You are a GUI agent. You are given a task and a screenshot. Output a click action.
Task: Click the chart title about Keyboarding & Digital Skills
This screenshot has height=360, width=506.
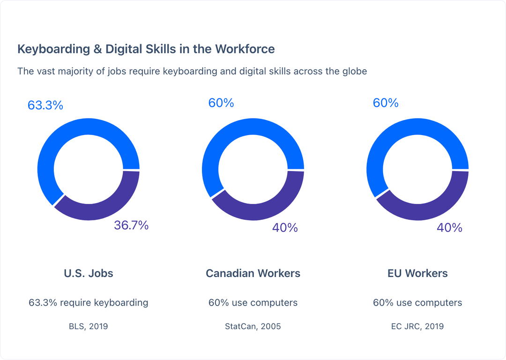click(146, 49)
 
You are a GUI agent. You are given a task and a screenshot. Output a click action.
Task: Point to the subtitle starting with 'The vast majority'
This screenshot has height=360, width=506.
click(192, 71)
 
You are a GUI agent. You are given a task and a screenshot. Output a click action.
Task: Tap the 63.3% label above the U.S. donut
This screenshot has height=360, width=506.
click(45, 105)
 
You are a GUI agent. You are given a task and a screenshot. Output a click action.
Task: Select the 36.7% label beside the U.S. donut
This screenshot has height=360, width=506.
click(131, 225)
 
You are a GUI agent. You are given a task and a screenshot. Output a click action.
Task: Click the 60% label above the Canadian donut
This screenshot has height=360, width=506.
click(221, 103)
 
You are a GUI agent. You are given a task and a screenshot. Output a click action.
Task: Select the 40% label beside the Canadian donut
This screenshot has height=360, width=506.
click(285, 228)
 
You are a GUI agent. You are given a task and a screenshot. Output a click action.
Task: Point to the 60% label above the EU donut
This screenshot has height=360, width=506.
click(386, 103)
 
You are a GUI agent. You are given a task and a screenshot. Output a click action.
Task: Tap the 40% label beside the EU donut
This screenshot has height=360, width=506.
click(449, 228)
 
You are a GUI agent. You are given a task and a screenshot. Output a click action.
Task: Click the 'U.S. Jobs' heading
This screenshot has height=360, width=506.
click(89, 273)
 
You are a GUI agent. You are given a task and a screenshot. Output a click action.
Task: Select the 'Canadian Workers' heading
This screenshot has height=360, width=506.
click(253, 273)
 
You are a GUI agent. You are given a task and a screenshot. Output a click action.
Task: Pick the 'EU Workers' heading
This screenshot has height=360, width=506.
click(417, 273)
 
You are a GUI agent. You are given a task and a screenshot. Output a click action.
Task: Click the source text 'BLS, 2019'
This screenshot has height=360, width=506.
click(89, 326)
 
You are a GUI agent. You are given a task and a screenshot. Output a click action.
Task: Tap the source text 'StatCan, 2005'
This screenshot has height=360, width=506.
click(253, 326)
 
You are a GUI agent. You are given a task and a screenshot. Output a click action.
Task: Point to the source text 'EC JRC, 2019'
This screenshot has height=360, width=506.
click(417, 326)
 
